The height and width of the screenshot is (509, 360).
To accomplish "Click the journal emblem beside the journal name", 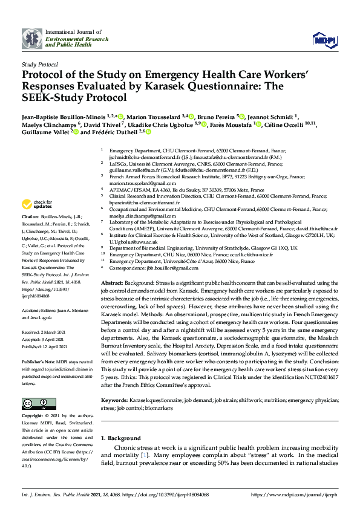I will coord(32,39).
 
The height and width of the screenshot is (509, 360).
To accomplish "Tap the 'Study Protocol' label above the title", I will coord(40,63).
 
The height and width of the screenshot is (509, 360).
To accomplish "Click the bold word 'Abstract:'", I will coord(111,284).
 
